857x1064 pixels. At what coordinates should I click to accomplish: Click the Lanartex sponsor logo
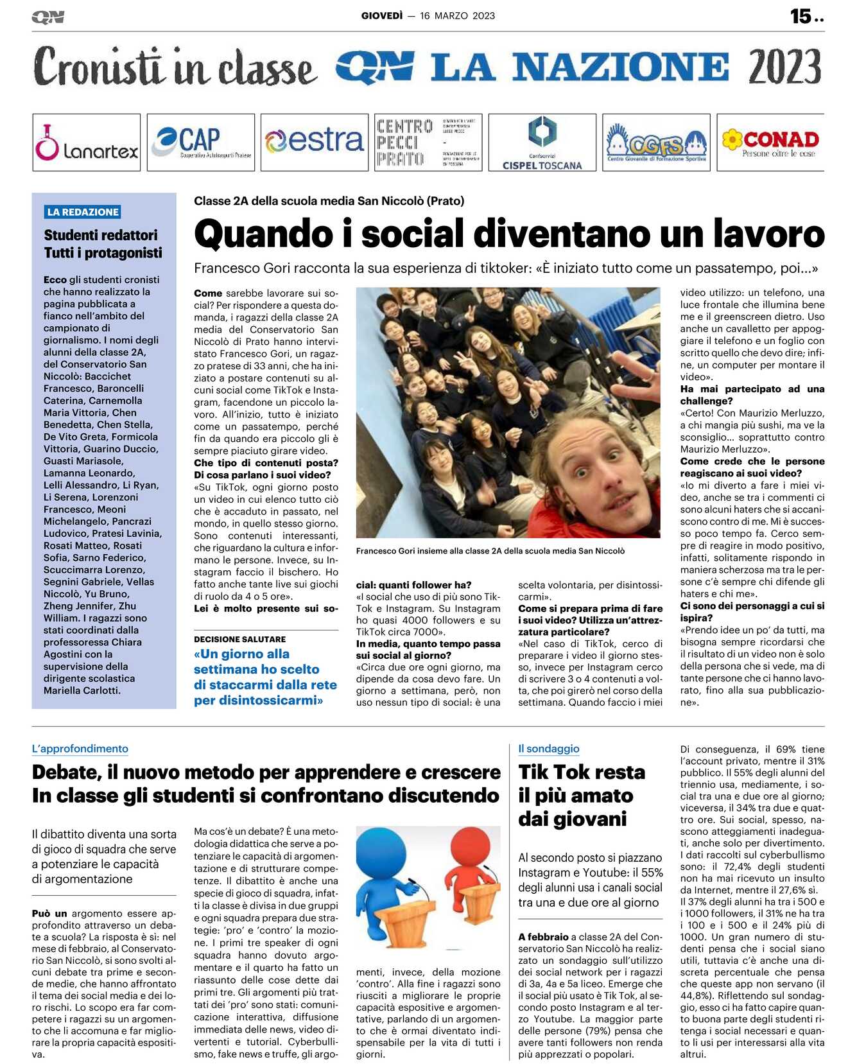click(x=86, y=143)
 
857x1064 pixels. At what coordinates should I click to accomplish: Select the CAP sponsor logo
click(x=200, y=143)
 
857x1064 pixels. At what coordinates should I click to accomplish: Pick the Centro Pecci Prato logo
click(x=428, y=143)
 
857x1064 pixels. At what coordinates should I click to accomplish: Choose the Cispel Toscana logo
click(x=542, y=143)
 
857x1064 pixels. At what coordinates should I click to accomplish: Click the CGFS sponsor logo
click(x=656, y=143)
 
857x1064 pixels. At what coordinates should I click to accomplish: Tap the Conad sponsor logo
click(x=770, y=143)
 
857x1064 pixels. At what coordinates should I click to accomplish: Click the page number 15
click(x=801, y=16)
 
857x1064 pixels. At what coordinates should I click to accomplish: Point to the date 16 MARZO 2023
click(x=457, y=16)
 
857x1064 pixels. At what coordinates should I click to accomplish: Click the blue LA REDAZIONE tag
click(x=83, y=212)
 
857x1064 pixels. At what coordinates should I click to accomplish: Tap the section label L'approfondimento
click(x=80, y=749)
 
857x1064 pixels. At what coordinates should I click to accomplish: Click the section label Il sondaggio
click(x=549, y=749)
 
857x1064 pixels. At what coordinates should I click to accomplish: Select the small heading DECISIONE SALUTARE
click(x=240, y=640)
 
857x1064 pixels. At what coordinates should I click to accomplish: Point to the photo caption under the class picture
click(x=490, y=551)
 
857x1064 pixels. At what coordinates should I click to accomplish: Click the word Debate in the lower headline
click(x=66, y=772)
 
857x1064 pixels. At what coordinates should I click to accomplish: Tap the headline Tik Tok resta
click(x=582, y=772)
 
